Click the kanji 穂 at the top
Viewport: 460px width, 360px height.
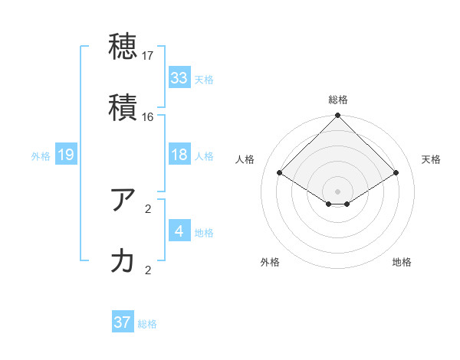pyautogui.click(x=123, y=46)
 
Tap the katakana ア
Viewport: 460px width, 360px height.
pyautogui.click(x=123, y=200)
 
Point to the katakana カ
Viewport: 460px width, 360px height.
pyautogui.click(x=123, y=261)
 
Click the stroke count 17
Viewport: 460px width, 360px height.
pyautogui.click(x=148, y=56)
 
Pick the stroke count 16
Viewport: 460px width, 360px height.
pyautogui.click(x=148, y=117)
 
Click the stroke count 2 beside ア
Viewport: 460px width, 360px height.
pyautogui.click(x=148, y=209)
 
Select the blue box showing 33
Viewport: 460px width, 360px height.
pyautogui.click(x=179, y=77)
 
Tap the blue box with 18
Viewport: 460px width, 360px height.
pyautogui.click(x=179, y=155)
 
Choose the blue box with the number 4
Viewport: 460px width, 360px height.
pyautogui.click(x=179, y=231)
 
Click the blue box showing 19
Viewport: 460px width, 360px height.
pyautogui.click(x=66, y=155)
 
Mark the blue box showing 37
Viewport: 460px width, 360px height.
pyautogui.click(x=123, y=322)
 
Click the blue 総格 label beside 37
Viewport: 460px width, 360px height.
pyautogui.click(x=147, y=324)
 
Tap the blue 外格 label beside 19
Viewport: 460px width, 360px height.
pyautogui.click(x=41, y=156)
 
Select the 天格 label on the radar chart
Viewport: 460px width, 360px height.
pyautogui.click(x=432, y=159)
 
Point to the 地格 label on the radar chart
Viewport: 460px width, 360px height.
pyautogui.click(x=402, y=262)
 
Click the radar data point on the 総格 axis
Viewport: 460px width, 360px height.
pyautogui.click(x=337, y=116)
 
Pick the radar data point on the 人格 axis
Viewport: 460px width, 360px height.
pyautogui.click(x=280, y=172)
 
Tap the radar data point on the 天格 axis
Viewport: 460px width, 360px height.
pyautogui.click(x=396, y=172)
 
